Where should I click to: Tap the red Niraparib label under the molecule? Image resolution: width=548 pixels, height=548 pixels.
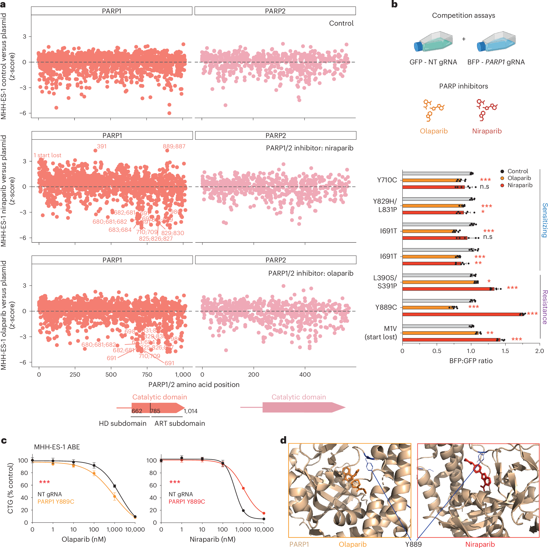point(487,131)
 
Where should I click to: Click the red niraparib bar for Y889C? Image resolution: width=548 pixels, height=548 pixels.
point(462,314)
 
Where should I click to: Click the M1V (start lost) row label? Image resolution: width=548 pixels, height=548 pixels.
point(381,333)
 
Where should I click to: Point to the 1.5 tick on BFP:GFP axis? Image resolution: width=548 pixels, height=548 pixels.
point(505,351)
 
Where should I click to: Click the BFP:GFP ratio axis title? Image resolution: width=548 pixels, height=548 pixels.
point(471,361)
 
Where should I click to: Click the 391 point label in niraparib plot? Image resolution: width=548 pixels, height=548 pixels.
point(101,146)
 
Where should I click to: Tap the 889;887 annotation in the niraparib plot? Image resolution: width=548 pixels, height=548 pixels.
point(174,146)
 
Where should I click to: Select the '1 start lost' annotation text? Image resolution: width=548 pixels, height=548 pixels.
point(47,155)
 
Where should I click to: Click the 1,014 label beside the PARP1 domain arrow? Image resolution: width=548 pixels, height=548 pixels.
point(190,411)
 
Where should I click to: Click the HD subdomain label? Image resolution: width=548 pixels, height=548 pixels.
point(122,423)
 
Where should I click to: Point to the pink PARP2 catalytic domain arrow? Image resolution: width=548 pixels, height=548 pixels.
point(304,407)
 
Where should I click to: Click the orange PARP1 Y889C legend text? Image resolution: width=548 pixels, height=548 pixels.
point(56,502)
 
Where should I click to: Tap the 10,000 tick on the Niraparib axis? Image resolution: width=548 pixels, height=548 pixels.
point(263,529)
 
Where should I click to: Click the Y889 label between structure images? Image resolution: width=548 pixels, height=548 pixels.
point(413,544)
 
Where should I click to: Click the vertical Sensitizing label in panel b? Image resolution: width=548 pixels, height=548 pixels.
point(544,220)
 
